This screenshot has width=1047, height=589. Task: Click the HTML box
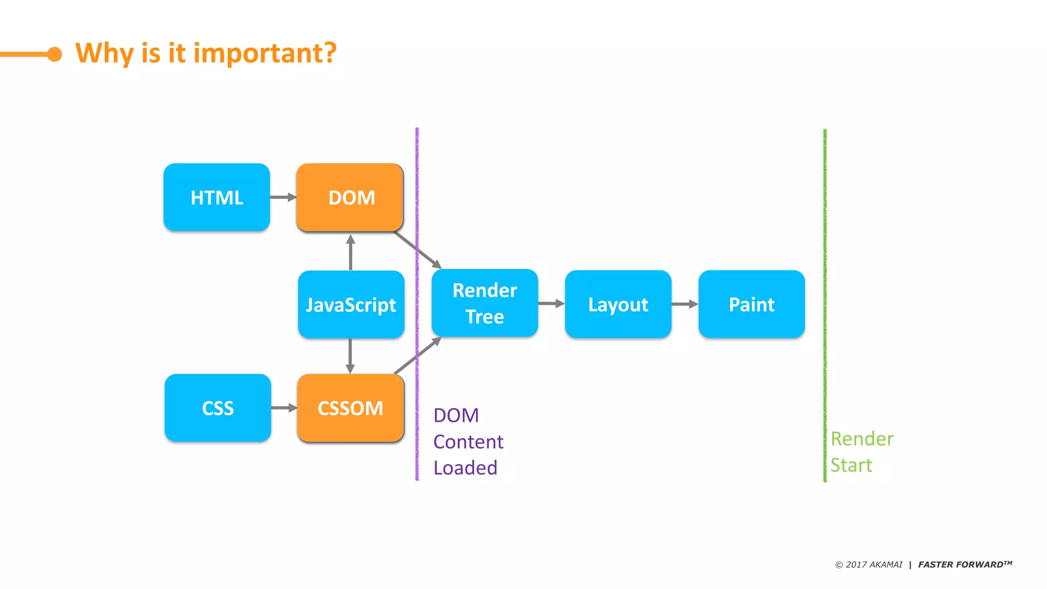pyautogui.click(x=217, y=197)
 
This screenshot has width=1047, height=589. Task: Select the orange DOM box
pyautogui.click(x=350, y=197)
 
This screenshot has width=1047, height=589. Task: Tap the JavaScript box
pyautogui.click(x=351, y=305)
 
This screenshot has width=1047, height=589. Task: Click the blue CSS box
pyautogui.click(x=218, y=408)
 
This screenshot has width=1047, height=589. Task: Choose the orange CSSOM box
pyautogui.click(x=350, y=408)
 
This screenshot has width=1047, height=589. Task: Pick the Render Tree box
pyautogui.click(x=485, y=303)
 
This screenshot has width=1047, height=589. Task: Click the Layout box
pyautogui.click(x=618, y=304)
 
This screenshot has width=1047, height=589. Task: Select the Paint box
pyautogui.click(x=752, y=304)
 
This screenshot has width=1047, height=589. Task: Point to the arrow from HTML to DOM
pyautogui.click(x=283, y=197)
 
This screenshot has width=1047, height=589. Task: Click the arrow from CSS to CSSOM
pyautogui.click(x=284, y=408)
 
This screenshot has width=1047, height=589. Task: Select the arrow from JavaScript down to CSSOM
pyautogui.click(x=350, y=356)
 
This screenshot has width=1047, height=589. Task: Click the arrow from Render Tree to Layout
pyautogui.click(x=551, y=304)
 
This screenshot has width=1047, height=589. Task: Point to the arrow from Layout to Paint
pyautogui.click(x=685, y=304)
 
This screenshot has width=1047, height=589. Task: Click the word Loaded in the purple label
pyautogui.click(x=465, y=468)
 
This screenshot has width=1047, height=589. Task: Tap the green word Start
pyautogui.click(x=851, y=465)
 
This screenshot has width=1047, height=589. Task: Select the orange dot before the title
pyautogui.click(x=54, y=54)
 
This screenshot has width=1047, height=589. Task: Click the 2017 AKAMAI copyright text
pyautogui.click(x=869, y=564)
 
